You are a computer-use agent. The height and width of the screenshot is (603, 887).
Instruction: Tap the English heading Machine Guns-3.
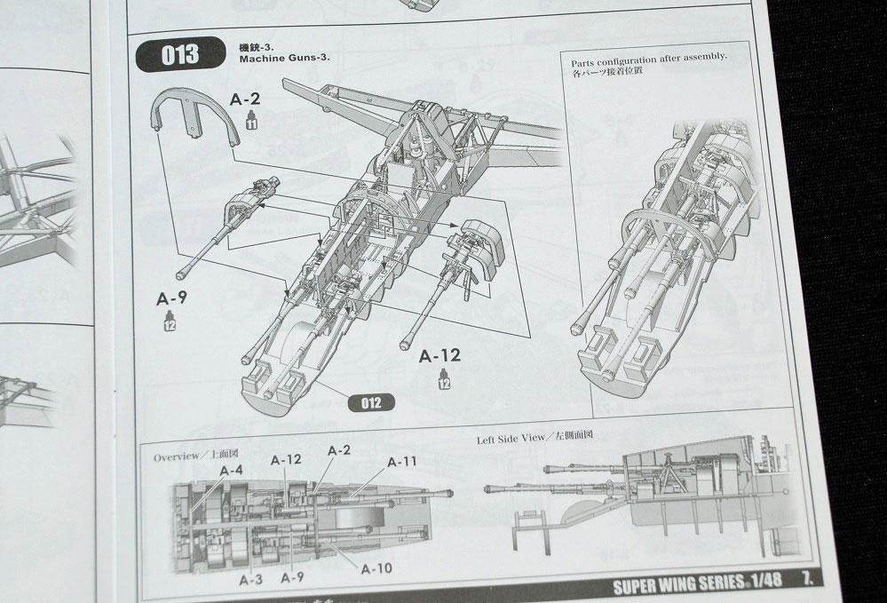pos(284,58)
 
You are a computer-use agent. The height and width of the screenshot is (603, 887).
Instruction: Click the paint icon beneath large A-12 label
pos(443,381)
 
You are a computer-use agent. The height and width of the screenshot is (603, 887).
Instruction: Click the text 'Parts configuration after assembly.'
pos(649,56)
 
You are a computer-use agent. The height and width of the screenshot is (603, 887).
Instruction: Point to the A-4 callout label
pos(230,470)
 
